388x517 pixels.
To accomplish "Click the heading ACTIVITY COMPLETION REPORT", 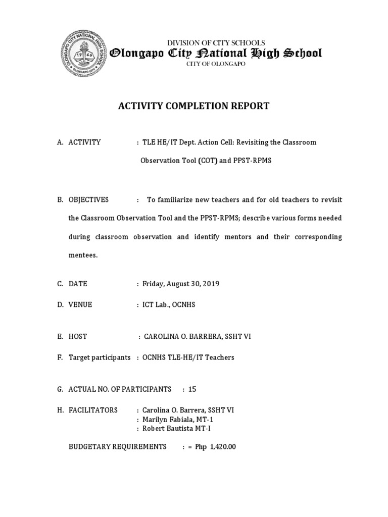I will point(193,106).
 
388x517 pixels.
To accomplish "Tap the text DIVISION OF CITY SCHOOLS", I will point(216,43).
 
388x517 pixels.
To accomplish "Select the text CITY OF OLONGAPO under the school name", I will point(216,64).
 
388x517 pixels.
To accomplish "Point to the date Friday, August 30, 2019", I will point(181,284).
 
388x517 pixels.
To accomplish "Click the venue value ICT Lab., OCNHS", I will point(169,304).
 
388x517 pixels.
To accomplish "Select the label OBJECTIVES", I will point(88,200).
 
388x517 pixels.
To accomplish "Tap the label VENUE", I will point(80,304).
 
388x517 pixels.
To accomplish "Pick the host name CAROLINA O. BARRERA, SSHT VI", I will point(198,336).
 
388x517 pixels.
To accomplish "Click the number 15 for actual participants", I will point(192,389).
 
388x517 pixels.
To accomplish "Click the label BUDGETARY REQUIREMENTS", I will point(117,447).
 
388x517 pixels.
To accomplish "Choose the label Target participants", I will point(100,357).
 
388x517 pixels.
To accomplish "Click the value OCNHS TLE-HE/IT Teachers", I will point(188,357).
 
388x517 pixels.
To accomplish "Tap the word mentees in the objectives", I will point(83,255).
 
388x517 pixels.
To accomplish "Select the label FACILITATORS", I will point(93,410).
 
